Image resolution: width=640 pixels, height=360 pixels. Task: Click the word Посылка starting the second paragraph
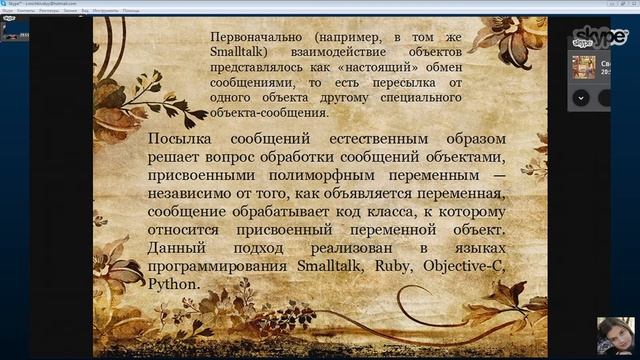tap(184, 140)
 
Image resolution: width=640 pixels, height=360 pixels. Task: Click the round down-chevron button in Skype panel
tap(580, 98)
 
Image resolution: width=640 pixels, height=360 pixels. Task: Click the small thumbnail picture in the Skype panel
tap(584, 67)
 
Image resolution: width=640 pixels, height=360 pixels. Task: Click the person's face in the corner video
tap(616, 332)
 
